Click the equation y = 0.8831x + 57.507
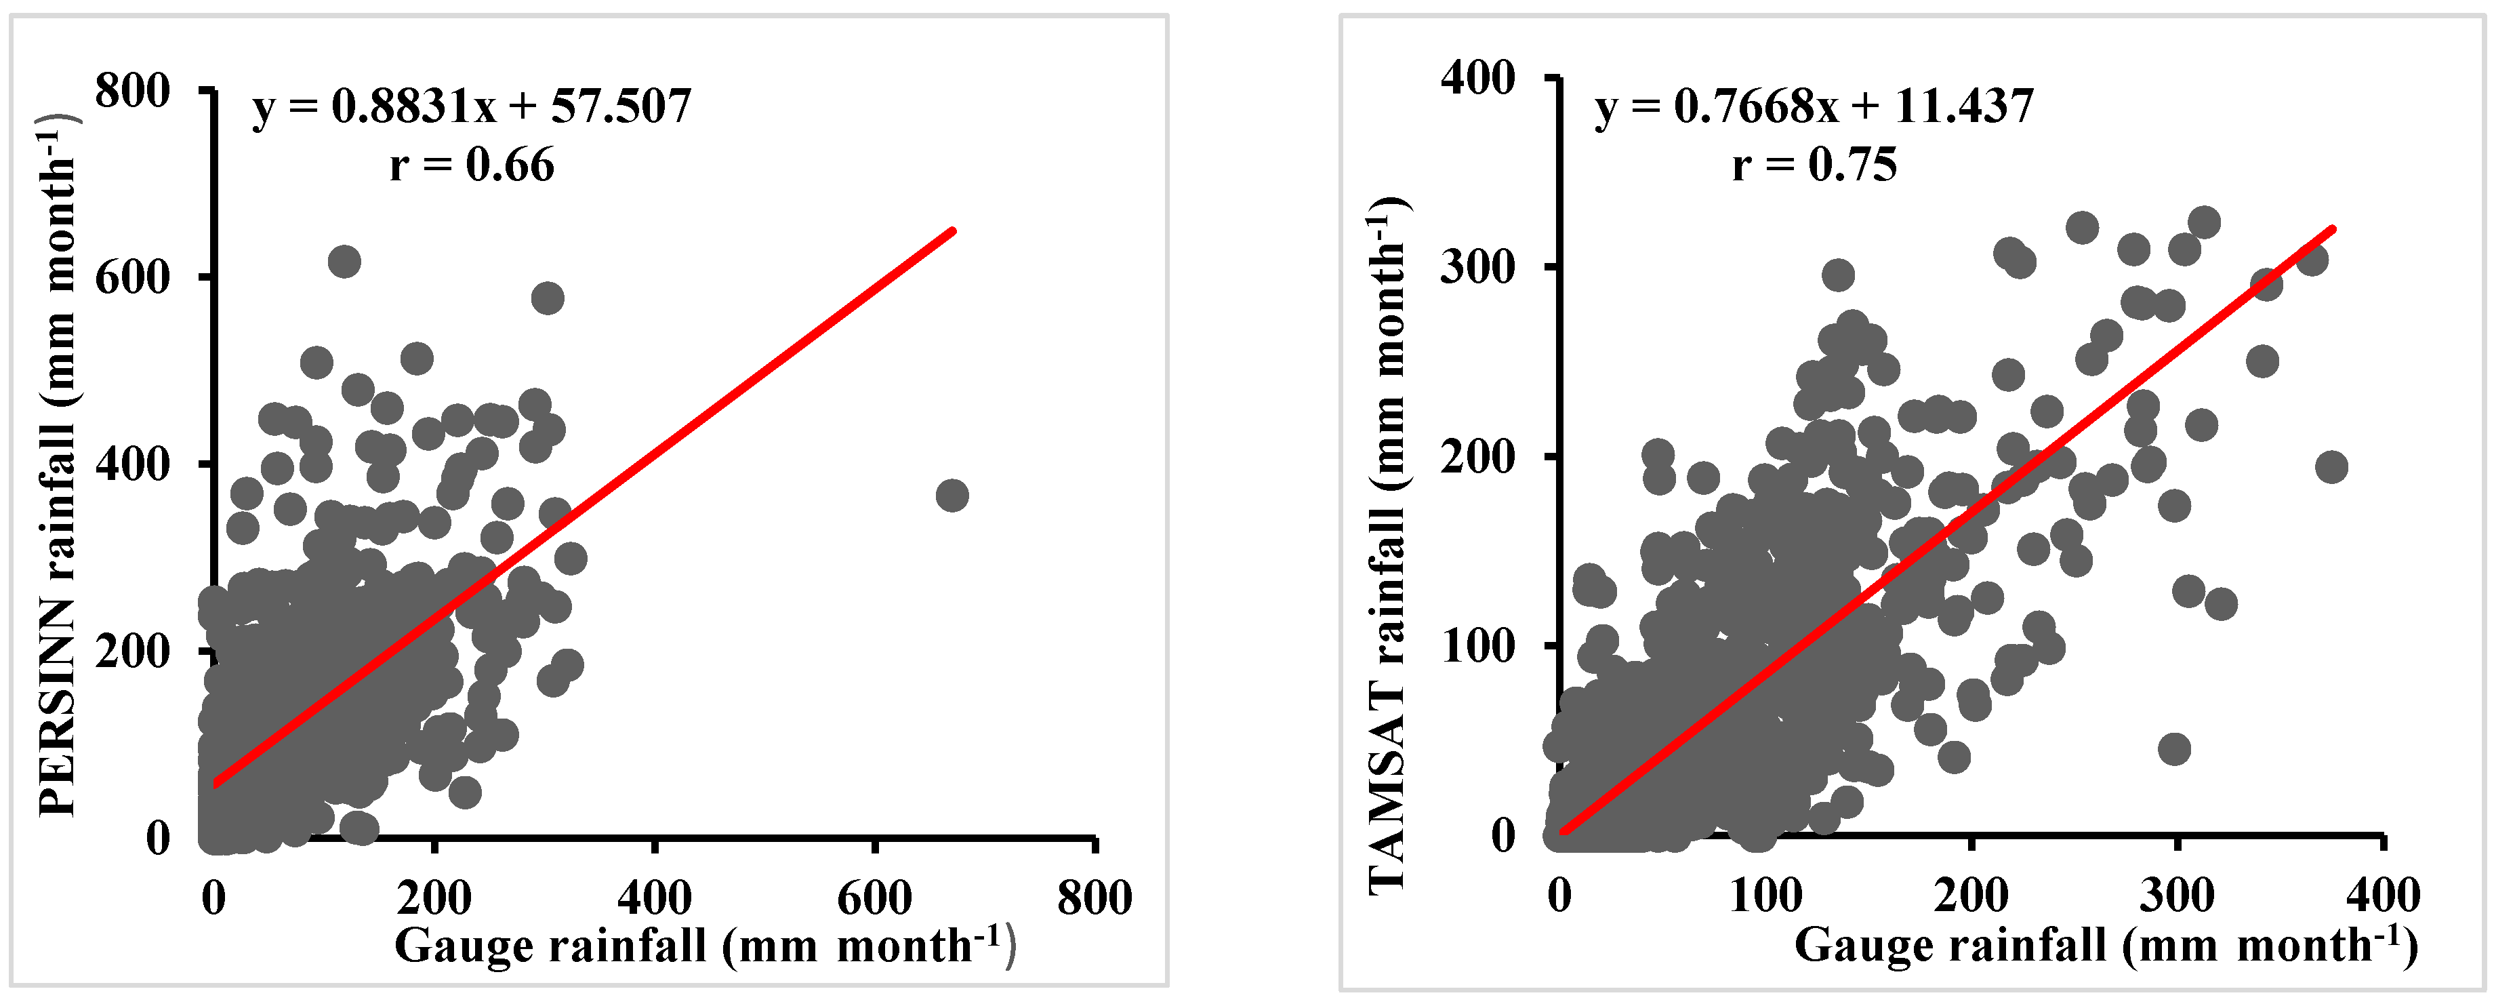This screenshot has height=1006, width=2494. point(472,106)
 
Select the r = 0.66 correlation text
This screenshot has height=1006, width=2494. point(472,165)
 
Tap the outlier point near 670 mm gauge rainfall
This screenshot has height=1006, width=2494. point(952,496)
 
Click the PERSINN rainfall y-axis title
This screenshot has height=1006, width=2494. point(58,465)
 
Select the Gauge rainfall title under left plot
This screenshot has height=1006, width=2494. point(705,946)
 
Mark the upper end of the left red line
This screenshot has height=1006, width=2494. point(953,230)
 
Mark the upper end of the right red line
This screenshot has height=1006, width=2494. point(2332,230)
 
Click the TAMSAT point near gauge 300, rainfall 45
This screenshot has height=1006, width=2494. point(2175,748)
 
